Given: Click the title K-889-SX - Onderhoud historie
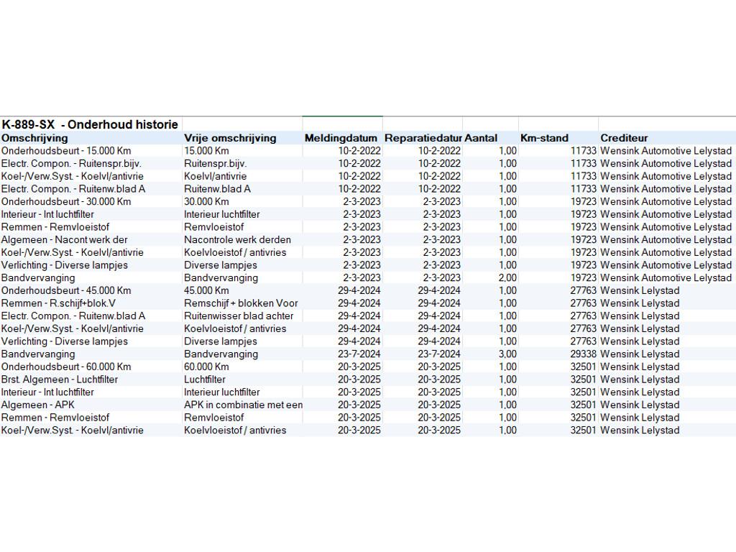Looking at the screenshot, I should pos(90,124).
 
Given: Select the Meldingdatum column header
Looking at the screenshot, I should pos(341,138).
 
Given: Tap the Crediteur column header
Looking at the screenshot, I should pos(624,138).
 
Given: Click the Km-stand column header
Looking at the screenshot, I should pos(544,138).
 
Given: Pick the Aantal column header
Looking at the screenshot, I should pos(481,138).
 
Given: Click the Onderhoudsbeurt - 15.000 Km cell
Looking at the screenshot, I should pos(66,151).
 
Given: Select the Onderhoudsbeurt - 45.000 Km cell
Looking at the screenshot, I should pos(66,290).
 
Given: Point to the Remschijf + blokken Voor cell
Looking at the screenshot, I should pos(241,303).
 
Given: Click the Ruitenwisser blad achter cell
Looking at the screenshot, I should pos(239,316).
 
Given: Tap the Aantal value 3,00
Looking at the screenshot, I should pos(507,354).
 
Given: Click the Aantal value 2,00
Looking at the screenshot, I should pos(507,277).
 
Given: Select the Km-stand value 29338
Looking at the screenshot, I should pos(583,354).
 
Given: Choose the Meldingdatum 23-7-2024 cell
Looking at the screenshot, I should pos(359,354).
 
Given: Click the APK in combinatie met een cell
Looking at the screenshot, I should pos(243,405).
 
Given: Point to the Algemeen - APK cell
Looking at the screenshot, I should pos(38,405).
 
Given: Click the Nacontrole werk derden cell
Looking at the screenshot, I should pos(237,239).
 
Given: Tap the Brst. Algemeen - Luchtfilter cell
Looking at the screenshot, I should pos(60,379).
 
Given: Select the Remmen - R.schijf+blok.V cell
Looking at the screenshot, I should pos(59,303).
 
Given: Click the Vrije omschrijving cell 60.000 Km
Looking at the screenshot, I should pos(206,367).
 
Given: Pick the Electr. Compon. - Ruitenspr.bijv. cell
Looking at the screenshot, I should pos(71,163).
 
